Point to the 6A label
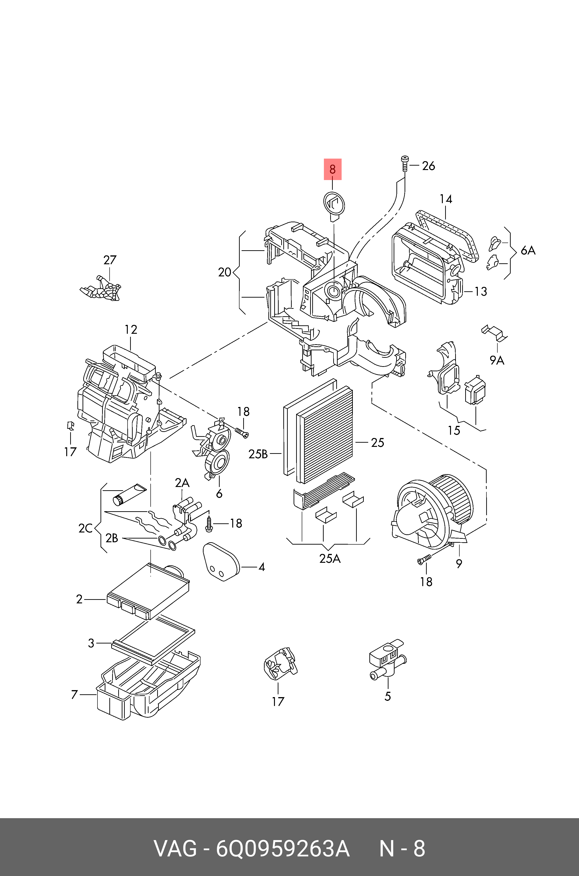tap(528, 250)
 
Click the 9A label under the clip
tap(497, 360)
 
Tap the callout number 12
tap(131, 329)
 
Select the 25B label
tap(258, 454)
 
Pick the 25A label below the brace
tap(330, 558)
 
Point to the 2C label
tap(85, 528)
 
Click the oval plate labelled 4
tap(220, 562)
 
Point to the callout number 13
tap(480, 291)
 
